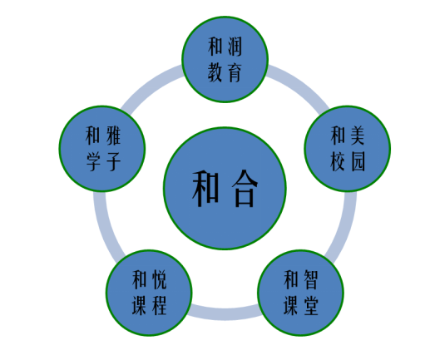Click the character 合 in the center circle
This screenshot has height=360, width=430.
(245, 189)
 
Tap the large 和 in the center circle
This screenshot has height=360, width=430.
(205, 189)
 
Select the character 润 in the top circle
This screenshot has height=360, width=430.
(235, 47)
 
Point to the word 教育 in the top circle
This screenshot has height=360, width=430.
(225, 72)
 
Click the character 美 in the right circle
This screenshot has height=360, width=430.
(358, 136)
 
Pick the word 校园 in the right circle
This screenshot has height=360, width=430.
(348, 161)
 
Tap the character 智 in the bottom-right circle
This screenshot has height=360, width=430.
(311, 279)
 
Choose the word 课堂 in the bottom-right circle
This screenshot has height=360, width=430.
(301, 305)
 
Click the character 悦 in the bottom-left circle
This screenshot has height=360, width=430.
(160, 279)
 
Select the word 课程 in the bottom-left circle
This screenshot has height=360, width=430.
(149, 305)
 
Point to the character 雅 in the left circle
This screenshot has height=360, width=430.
(113, 136)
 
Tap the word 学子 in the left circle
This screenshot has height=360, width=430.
(103, 161)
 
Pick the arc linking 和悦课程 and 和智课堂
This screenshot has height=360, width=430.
(225, 314)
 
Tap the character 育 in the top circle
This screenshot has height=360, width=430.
(235, 72)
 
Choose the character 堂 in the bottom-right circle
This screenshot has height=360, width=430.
(311, 305)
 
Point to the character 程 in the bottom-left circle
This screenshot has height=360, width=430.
(160, 305)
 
